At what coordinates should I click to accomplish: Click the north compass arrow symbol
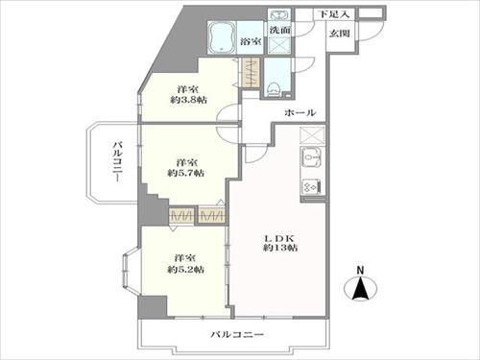coord(362,287)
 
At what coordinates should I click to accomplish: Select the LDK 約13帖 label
coord(280,242)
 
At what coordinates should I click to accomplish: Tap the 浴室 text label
coord(252,42)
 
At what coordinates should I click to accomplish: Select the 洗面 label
coord(279,32)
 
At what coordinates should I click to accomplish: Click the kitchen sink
coord(313,161)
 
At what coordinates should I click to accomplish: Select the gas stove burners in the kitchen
coord(313,186)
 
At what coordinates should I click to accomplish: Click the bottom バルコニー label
coord(237,334)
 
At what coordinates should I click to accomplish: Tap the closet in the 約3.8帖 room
coord(250,76)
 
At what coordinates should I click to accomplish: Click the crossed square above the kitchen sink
coord(313,136)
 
